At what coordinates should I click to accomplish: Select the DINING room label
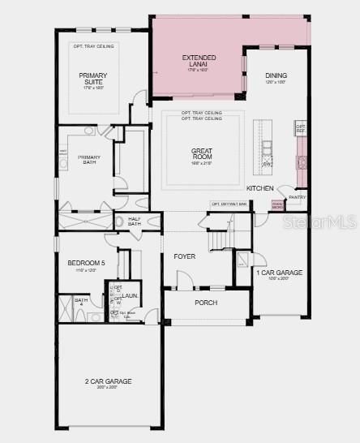(x=276, y=76)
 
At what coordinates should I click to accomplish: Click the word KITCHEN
(x=260, y=188)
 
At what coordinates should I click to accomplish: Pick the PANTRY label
(x=298, y=196)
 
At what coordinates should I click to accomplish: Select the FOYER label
(x=185, y=256)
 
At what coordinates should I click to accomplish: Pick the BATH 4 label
(x=81, y=302)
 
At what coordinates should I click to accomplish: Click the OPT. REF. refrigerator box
(x=300, y=127)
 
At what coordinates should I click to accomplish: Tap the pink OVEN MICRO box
(x=277, y=205)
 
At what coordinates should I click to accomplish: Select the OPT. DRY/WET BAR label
(x=228, y=204)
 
